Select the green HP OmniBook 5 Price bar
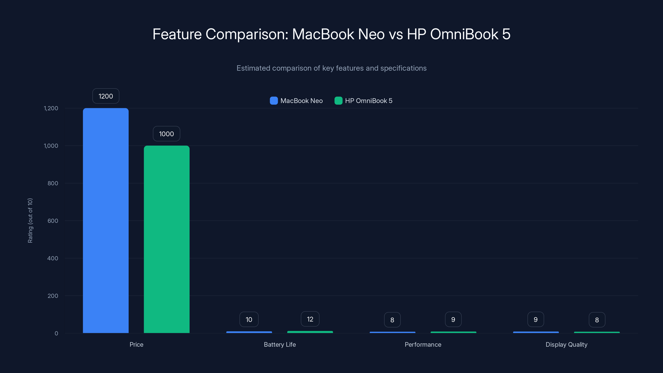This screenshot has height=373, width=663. point(167,239)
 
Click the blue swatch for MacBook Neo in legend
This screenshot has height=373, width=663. point(273,101)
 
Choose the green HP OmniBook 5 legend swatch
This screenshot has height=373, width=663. point(338,101)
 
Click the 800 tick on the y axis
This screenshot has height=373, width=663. point(53,183)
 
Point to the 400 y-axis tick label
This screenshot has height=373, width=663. point(53,258)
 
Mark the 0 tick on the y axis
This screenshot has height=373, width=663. point(56,333)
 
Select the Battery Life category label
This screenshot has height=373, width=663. point(280,344)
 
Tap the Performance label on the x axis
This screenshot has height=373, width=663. point(423,344)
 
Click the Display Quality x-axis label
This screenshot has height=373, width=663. point(566,344)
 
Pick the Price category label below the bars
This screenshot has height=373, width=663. point(136,344)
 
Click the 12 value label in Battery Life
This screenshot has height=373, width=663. point(310,319)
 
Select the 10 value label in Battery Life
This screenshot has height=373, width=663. point(249,320)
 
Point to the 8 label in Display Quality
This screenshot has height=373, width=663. point(597,320)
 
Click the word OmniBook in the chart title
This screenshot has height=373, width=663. point(464,34)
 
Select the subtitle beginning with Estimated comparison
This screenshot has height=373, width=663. point(331,68)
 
